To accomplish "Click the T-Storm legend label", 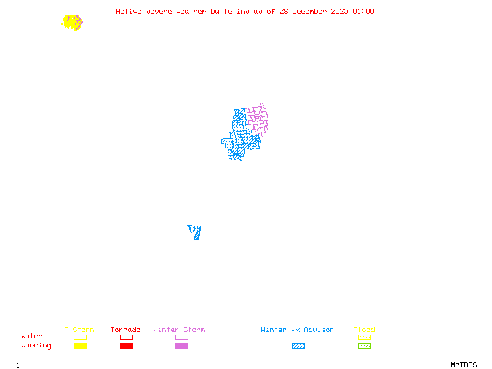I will (79, 330).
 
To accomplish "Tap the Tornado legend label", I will (125, 330).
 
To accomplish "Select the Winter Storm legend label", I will (179, 330).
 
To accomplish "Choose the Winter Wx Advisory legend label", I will (300, 330).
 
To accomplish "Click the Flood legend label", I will (364, 330).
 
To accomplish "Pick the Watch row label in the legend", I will (32, 336).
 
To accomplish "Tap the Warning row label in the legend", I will (36, 346).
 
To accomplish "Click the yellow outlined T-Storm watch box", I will (80, 337).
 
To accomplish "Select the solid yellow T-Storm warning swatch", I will (80, 346).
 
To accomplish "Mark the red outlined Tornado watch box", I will (126, 337).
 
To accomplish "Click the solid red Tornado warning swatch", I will (126, 346).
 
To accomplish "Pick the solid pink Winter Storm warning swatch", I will (181, 346).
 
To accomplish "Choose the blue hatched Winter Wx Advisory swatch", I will (298, 346).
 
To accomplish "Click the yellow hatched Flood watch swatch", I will (364, 337).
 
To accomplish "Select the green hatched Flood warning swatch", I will (364, 346).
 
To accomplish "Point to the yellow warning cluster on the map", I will (72, 23).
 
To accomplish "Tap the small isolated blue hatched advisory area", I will (195, 232).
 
